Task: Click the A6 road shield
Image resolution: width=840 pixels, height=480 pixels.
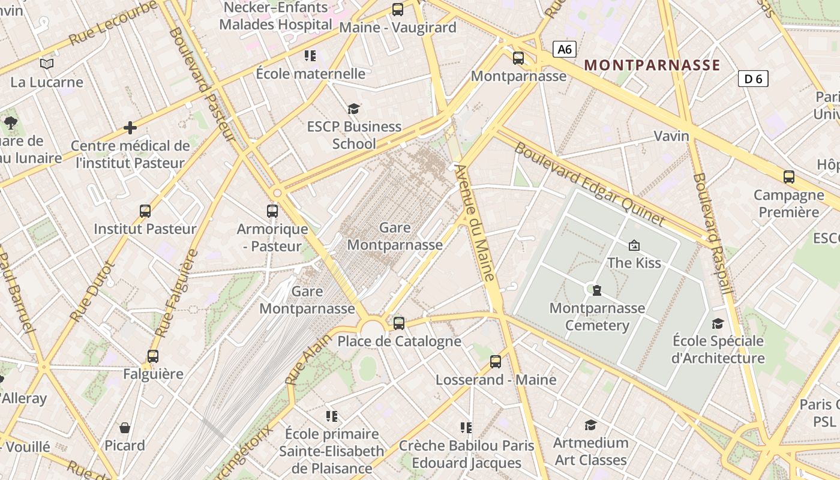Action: tap(565, 49)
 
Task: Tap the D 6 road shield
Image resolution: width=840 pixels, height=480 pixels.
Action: tap(753, 79)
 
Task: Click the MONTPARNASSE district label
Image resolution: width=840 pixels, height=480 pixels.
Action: tap(652, 65)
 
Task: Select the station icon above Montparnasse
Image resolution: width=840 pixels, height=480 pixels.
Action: tap(518, 58)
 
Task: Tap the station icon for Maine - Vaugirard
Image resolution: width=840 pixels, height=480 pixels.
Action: tap(398, 10)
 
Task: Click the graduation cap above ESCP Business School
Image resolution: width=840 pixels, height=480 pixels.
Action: tap(354, 109)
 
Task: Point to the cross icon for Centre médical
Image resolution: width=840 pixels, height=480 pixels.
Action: tap(130, 128)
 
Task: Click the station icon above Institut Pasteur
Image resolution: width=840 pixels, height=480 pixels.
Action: tap(145, 211)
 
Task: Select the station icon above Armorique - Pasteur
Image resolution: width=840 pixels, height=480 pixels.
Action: tap(272, 211)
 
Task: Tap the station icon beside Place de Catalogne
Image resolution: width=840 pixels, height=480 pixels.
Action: tap(399, 324)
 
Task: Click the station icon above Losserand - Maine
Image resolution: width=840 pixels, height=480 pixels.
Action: tap(496, 362)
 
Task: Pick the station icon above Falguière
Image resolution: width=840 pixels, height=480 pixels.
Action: tap(153, 356)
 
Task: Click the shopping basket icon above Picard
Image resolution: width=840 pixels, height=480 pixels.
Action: tap(125, 428)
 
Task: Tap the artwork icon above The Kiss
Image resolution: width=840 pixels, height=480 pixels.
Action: tap(634, 245)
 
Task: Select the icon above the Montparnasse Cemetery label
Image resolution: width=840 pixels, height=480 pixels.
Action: tap(596, 290)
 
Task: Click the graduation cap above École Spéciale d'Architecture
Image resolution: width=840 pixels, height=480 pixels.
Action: tap(718, 324)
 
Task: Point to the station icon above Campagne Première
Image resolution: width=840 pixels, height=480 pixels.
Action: tap(789, 177)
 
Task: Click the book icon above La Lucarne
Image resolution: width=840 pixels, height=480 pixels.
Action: tap(47, 64)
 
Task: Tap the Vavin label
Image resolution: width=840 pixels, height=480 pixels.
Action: tap(671, 136)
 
